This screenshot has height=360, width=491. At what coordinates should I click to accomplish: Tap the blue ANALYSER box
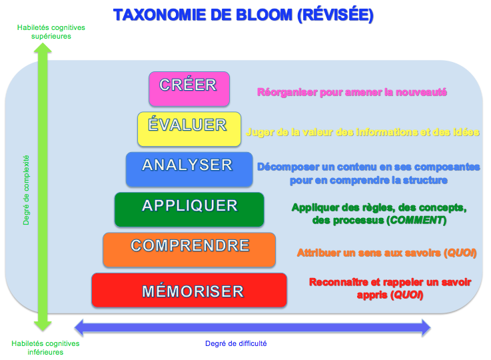pyautogui.click(x=189, y=168)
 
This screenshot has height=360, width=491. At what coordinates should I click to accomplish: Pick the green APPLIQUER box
pyautogui.click(x=189, y=208)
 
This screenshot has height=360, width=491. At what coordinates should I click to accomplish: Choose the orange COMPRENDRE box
pyautogui.click(x=189, y=249)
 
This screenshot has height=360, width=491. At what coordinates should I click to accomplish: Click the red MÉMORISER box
pyautogui.click(x=189, y=289)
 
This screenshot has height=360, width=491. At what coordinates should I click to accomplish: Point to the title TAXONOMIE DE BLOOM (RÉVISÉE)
pyautogui.click(x=243, y=15)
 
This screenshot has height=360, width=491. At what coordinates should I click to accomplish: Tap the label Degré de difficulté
pyautogui.click(x=236, y=344)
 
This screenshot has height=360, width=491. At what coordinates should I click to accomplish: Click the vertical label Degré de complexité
pyautogui.click(x=27, y=190)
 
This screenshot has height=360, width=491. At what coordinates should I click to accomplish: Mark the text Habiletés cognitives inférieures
pyautogui.click(x=45, y=347)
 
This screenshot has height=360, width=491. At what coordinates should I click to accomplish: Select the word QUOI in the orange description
pyautogui.click(x=461, y=253)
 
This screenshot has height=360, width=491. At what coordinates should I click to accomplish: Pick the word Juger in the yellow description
pyautogui.click(x=258, y=131)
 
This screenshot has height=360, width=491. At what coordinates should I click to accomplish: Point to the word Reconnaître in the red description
pyautogui.click(x=336, y=282)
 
